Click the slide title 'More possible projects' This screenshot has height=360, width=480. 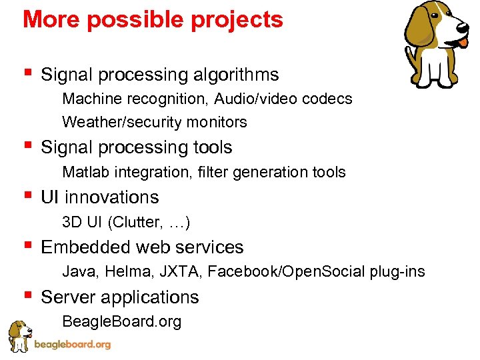(153, 20)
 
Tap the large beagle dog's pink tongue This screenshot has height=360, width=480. (463, 43)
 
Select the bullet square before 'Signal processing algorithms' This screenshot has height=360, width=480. (27, 72)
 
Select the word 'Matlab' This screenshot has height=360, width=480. (86, 172)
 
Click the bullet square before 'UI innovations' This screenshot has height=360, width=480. (27, 195)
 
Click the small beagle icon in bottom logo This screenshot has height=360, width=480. (19, 335)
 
